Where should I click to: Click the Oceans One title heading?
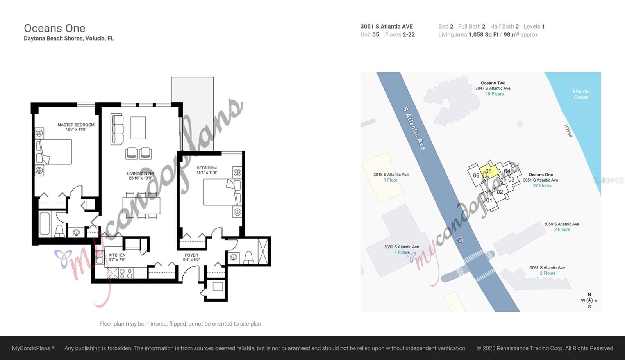[x=55, y=28]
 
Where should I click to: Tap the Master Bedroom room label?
[x=76, y=125]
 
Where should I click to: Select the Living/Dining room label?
[x=141, y=173]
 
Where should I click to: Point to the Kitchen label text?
[x=117, y=255]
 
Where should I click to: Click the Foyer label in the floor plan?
[x=191, y=255]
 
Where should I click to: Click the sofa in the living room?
[x=117, y=129]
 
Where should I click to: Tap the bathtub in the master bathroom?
[x=45, y=224]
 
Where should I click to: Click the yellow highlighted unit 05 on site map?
[x=489, y=171]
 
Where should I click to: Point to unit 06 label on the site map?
[x=476, y=176]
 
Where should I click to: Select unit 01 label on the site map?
[x=489, y=200]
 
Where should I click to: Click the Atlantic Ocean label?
[x=581, y=94]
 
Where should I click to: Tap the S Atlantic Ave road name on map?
[x=414, y=129]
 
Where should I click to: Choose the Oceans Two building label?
[x=493, y=83]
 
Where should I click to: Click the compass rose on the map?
[x=589, y=300]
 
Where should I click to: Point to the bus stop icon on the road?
[x=460, y=241]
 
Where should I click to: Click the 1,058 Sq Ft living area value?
[x=483, y=35]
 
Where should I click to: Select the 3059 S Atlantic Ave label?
[x=561, y=224]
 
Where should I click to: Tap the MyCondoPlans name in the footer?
[x=31, y=348]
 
